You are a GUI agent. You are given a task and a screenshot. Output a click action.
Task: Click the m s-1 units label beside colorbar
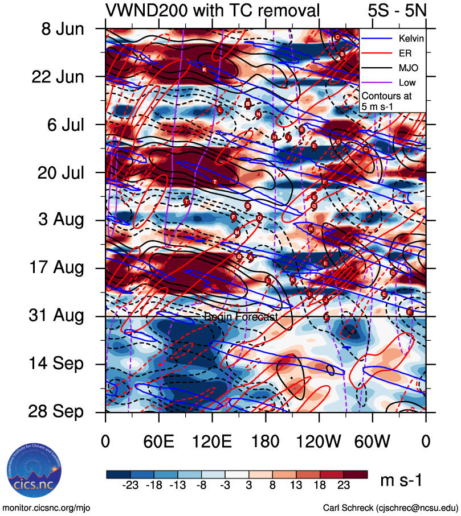[x=401, y=481]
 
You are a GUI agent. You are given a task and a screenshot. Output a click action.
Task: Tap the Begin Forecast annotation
[x=240, y=317]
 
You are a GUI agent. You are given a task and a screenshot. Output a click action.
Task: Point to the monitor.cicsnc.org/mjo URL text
[x=47, y=507]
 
